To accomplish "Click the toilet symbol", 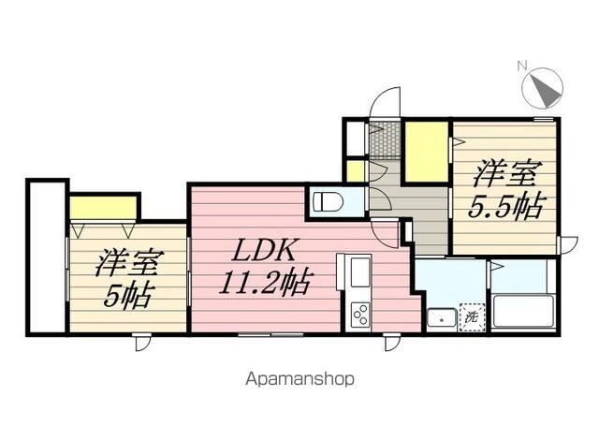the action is tap(328, 201).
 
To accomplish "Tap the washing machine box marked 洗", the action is tap(473, 316).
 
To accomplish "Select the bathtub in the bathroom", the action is tap(524, 312).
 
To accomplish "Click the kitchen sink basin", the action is tap(358, 272).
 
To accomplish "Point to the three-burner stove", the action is tap(360, 315).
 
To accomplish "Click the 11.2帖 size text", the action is tap(265, 284).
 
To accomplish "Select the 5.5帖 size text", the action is tap(505, 207).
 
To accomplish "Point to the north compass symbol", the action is tap(543, 88).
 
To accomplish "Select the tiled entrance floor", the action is tap(385, 139).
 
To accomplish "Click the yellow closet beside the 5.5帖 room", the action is tap(427, 152).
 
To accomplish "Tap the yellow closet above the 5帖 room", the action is tap(104, 208).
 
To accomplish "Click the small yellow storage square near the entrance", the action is tap(356, 171).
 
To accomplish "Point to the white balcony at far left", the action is tap(47, 257).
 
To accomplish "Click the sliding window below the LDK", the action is tap(270, 334).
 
